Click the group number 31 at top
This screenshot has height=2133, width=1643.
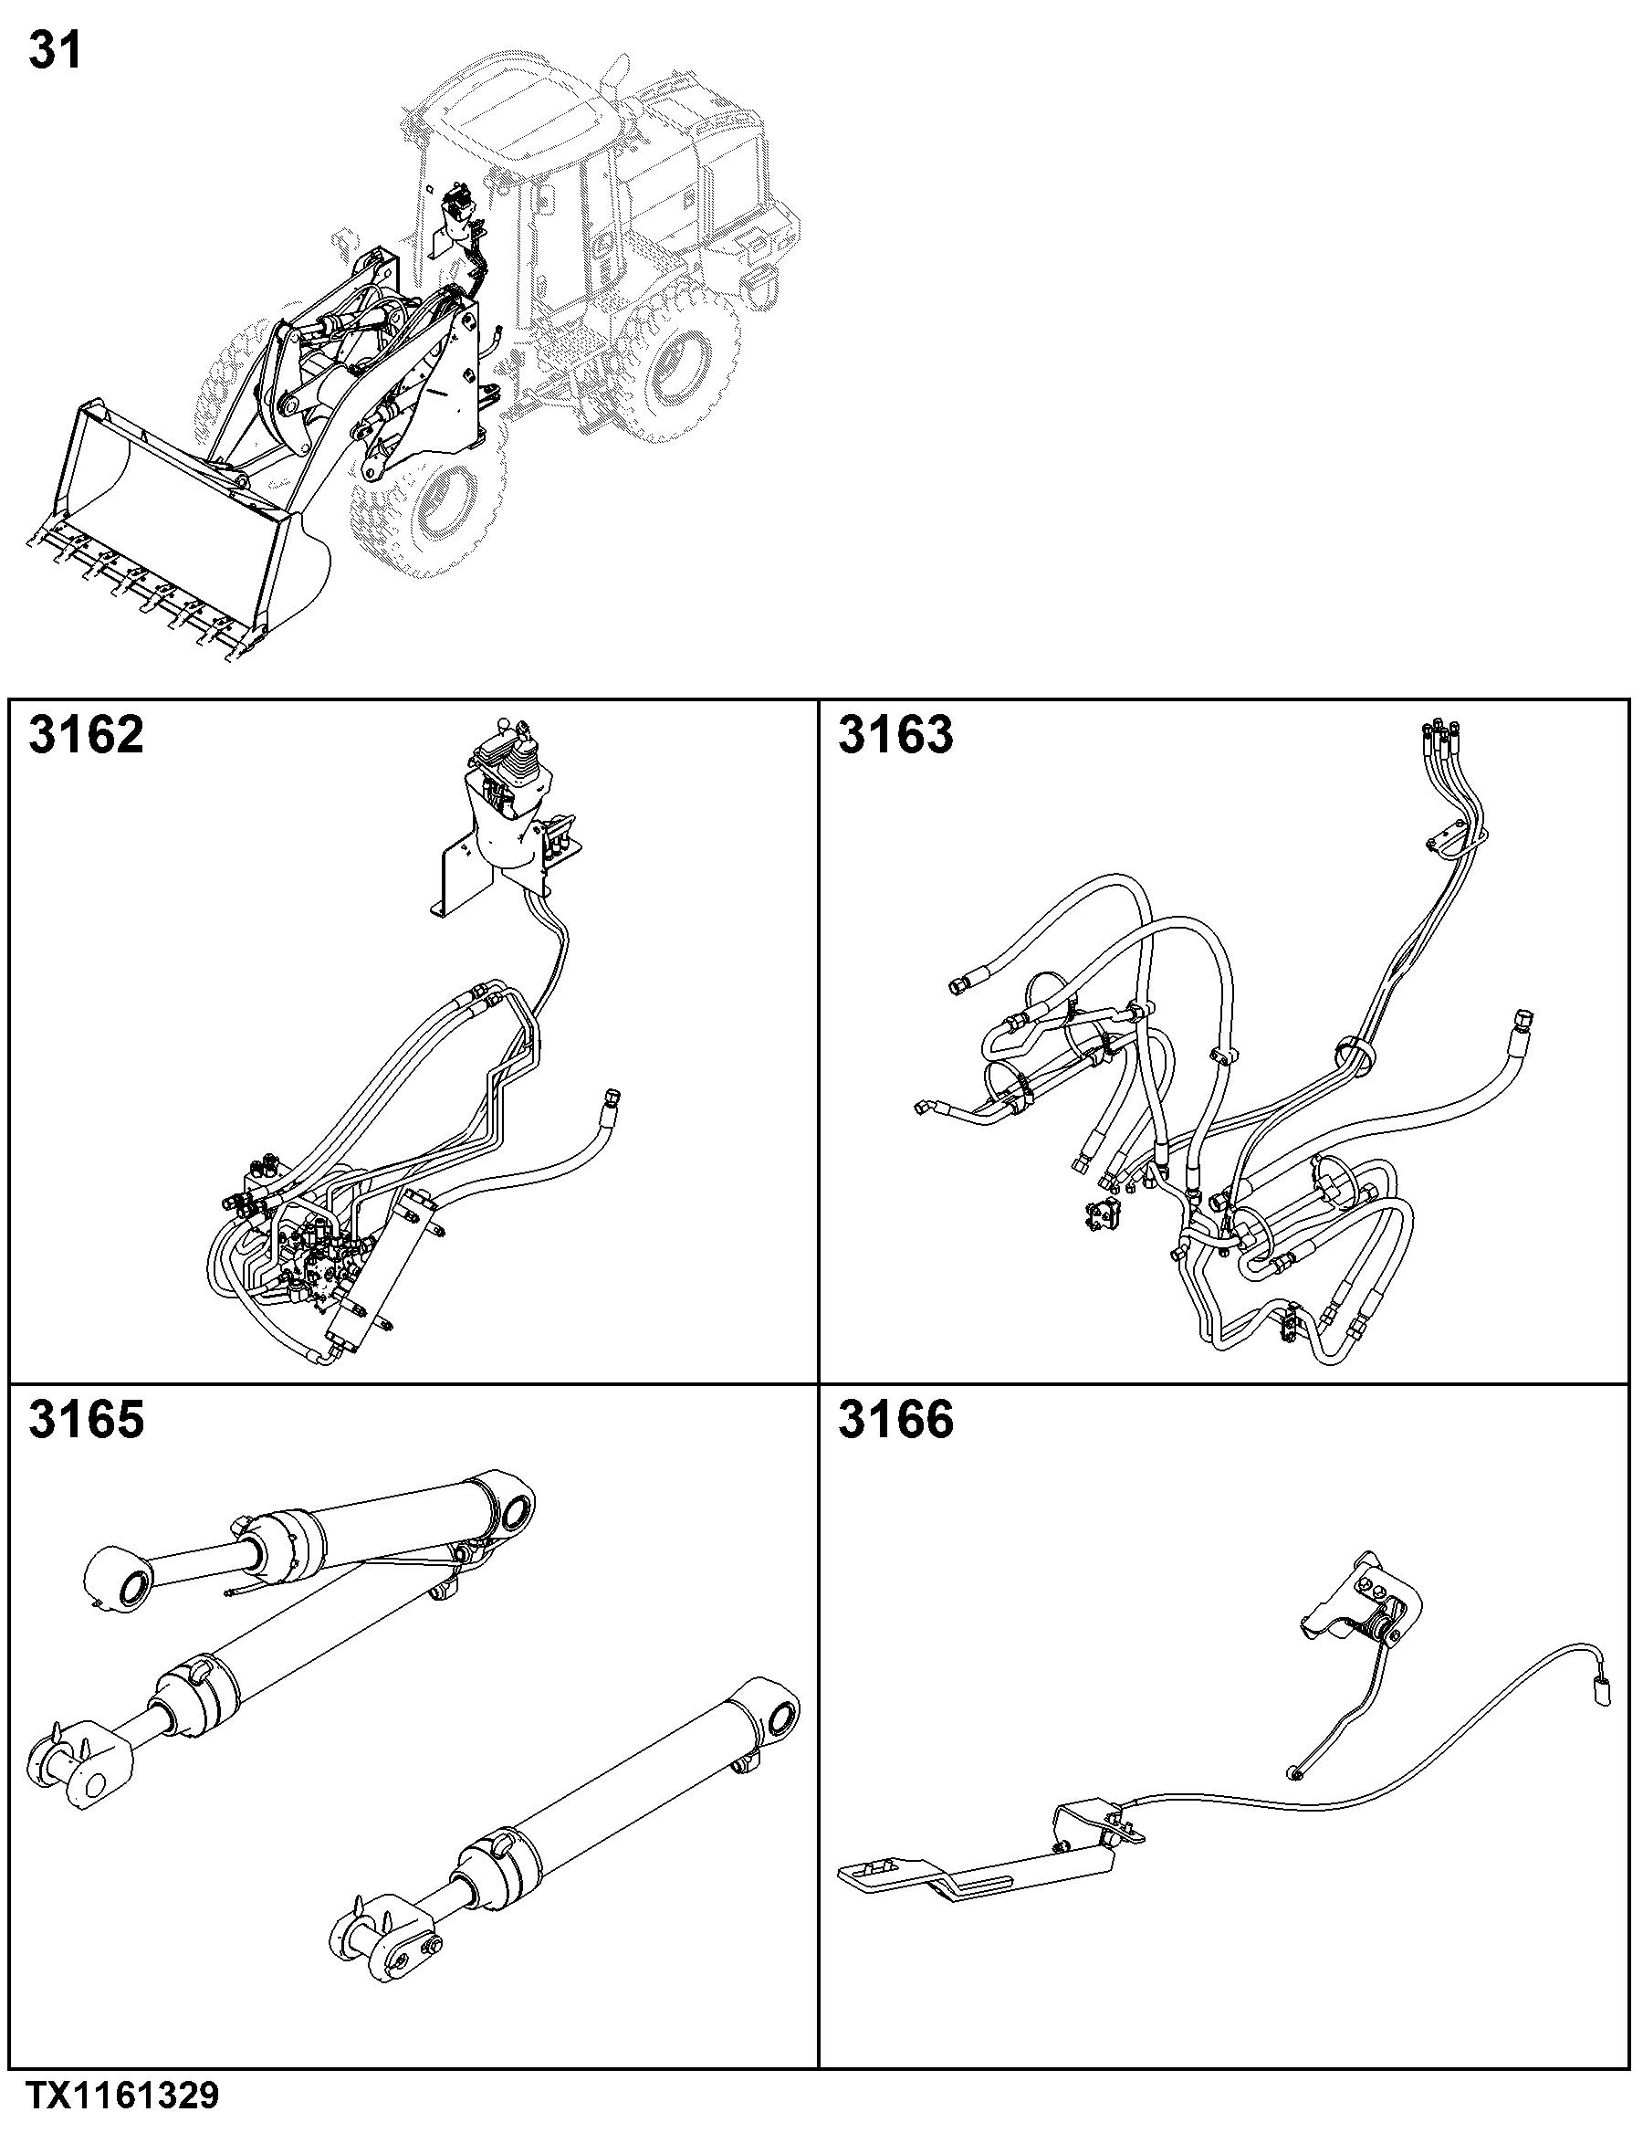(x=56, y=50)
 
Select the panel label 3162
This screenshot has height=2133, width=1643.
(x=86, y=734)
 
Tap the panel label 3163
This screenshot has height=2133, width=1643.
(x=895, y=734)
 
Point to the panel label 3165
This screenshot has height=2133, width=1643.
(x=86, y=1419)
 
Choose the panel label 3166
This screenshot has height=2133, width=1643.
(x=895, y=1419)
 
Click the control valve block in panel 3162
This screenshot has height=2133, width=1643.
(x=318, y=1265)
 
